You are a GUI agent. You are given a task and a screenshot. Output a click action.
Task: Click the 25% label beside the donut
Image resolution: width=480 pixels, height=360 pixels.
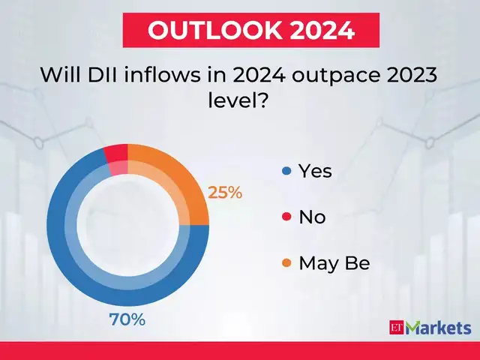[225, 193]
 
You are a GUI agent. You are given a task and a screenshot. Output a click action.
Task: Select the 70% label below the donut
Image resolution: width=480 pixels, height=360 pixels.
[127, 320]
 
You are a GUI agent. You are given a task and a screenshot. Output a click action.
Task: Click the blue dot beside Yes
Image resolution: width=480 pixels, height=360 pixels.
[286, 172]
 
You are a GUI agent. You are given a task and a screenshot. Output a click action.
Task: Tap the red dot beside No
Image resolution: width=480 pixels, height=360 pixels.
[286, 217]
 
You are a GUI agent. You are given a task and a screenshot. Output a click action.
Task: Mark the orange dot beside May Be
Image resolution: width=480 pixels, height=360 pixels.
[286, 263]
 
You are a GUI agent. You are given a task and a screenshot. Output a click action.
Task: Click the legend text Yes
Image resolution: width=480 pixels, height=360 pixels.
[315, 172]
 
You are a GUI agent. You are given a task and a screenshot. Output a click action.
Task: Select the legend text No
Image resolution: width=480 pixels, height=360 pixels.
[312, 217]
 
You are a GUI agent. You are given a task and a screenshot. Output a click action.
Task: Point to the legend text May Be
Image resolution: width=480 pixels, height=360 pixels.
[334, 263]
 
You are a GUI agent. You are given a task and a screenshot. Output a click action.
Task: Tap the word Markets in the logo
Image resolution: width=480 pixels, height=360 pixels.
[439, 328]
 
